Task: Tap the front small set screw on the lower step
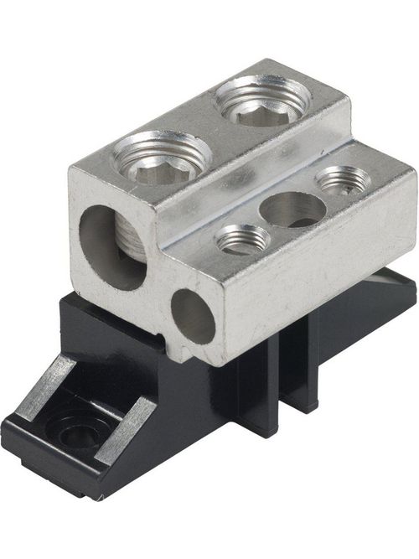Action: tap(243, 240)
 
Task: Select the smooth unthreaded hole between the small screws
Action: tap(292, 209)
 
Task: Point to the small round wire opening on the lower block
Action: tap(193, 316)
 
